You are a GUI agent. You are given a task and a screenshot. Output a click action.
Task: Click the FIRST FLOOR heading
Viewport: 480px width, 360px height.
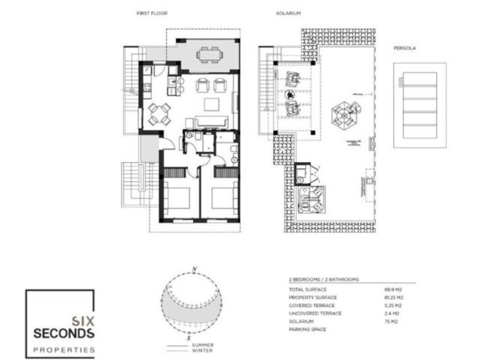coord(151,13)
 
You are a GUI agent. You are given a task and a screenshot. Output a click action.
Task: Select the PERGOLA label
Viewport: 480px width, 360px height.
coord(404,49)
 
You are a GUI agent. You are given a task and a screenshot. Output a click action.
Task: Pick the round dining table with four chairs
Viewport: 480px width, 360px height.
coord(159,113)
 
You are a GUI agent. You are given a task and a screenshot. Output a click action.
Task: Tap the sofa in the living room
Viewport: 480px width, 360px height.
coord(212,121)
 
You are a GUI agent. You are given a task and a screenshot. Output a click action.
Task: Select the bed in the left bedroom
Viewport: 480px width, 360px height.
coord(178,199)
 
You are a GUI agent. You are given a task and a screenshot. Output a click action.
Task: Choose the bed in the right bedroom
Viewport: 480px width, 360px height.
coord(225,199)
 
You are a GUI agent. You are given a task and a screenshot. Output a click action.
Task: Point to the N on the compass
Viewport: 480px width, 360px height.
coord(195,268)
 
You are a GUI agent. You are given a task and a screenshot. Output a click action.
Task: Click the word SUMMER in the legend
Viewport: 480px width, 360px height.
coord(203,345)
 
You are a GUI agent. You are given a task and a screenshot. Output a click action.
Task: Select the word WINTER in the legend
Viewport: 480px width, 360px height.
coord(202,351)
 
